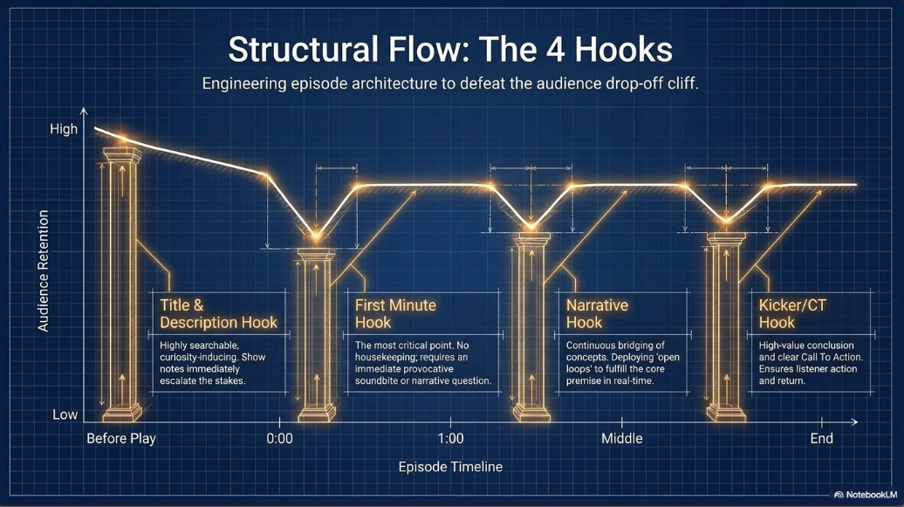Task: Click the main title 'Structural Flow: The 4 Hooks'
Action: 450,50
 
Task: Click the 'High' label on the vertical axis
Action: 64,129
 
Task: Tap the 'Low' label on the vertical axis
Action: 65,415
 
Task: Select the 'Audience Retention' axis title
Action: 44,271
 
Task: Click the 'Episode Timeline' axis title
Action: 450,467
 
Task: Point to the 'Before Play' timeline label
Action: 121,439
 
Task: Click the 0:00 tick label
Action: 279,439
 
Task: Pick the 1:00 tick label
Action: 450,439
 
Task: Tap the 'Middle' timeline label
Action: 622,439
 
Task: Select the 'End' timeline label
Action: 822,439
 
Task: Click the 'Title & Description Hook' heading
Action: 218,314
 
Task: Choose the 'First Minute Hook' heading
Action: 395,314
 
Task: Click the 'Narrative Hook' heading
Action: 597,314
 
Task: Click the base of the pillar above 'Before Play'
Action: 121,413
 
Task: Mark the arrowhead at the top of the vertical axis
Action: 84,112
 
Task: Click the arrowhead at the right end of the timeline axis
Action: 854,422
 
